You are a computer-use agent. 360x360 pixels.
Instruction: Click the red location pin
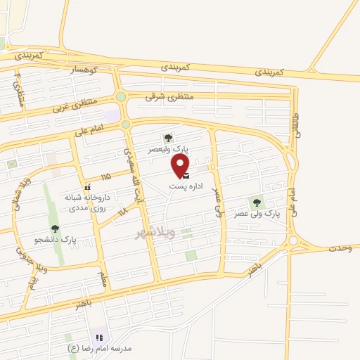point(180,164)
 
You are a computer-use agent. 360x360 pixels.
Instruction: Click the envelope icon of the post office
point(186,176)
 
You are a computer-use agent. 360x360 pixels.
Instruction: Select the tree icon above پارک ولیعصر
point(167,139)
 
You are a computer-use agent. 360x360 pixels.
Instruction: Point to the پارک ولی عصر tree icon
point(257,202)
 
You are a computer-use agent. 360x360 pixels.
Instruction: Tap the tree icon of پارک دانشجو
point(55,229)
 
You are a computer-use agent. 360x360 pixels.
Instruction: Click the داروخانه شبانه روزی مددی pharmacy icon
point(87,187)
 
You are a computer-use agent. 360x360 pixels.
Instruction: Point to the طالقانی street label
point(295,129)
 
